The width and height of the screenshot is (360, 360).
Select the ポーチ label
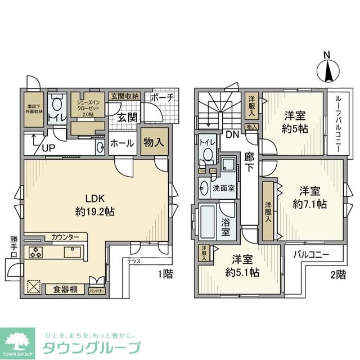click(163, 97)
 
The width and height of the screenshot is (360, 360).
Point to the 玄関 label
click(128, 117)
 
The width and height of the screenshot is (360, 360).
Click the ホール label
click(122, 143)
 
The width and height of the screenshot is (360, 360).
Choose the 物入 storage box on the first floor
click(153, 142)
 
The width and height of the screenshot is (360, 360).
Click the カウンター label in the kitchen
click(65, 237)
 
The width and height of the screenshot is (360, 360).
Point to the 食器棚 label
click(65, 291)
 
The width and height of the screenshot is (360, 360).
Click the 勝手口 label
click(14, 246)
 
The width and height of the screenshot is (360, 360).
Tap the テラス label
click(133, 261)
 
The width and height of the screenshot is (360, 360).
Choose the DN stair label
click(232, 135)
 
